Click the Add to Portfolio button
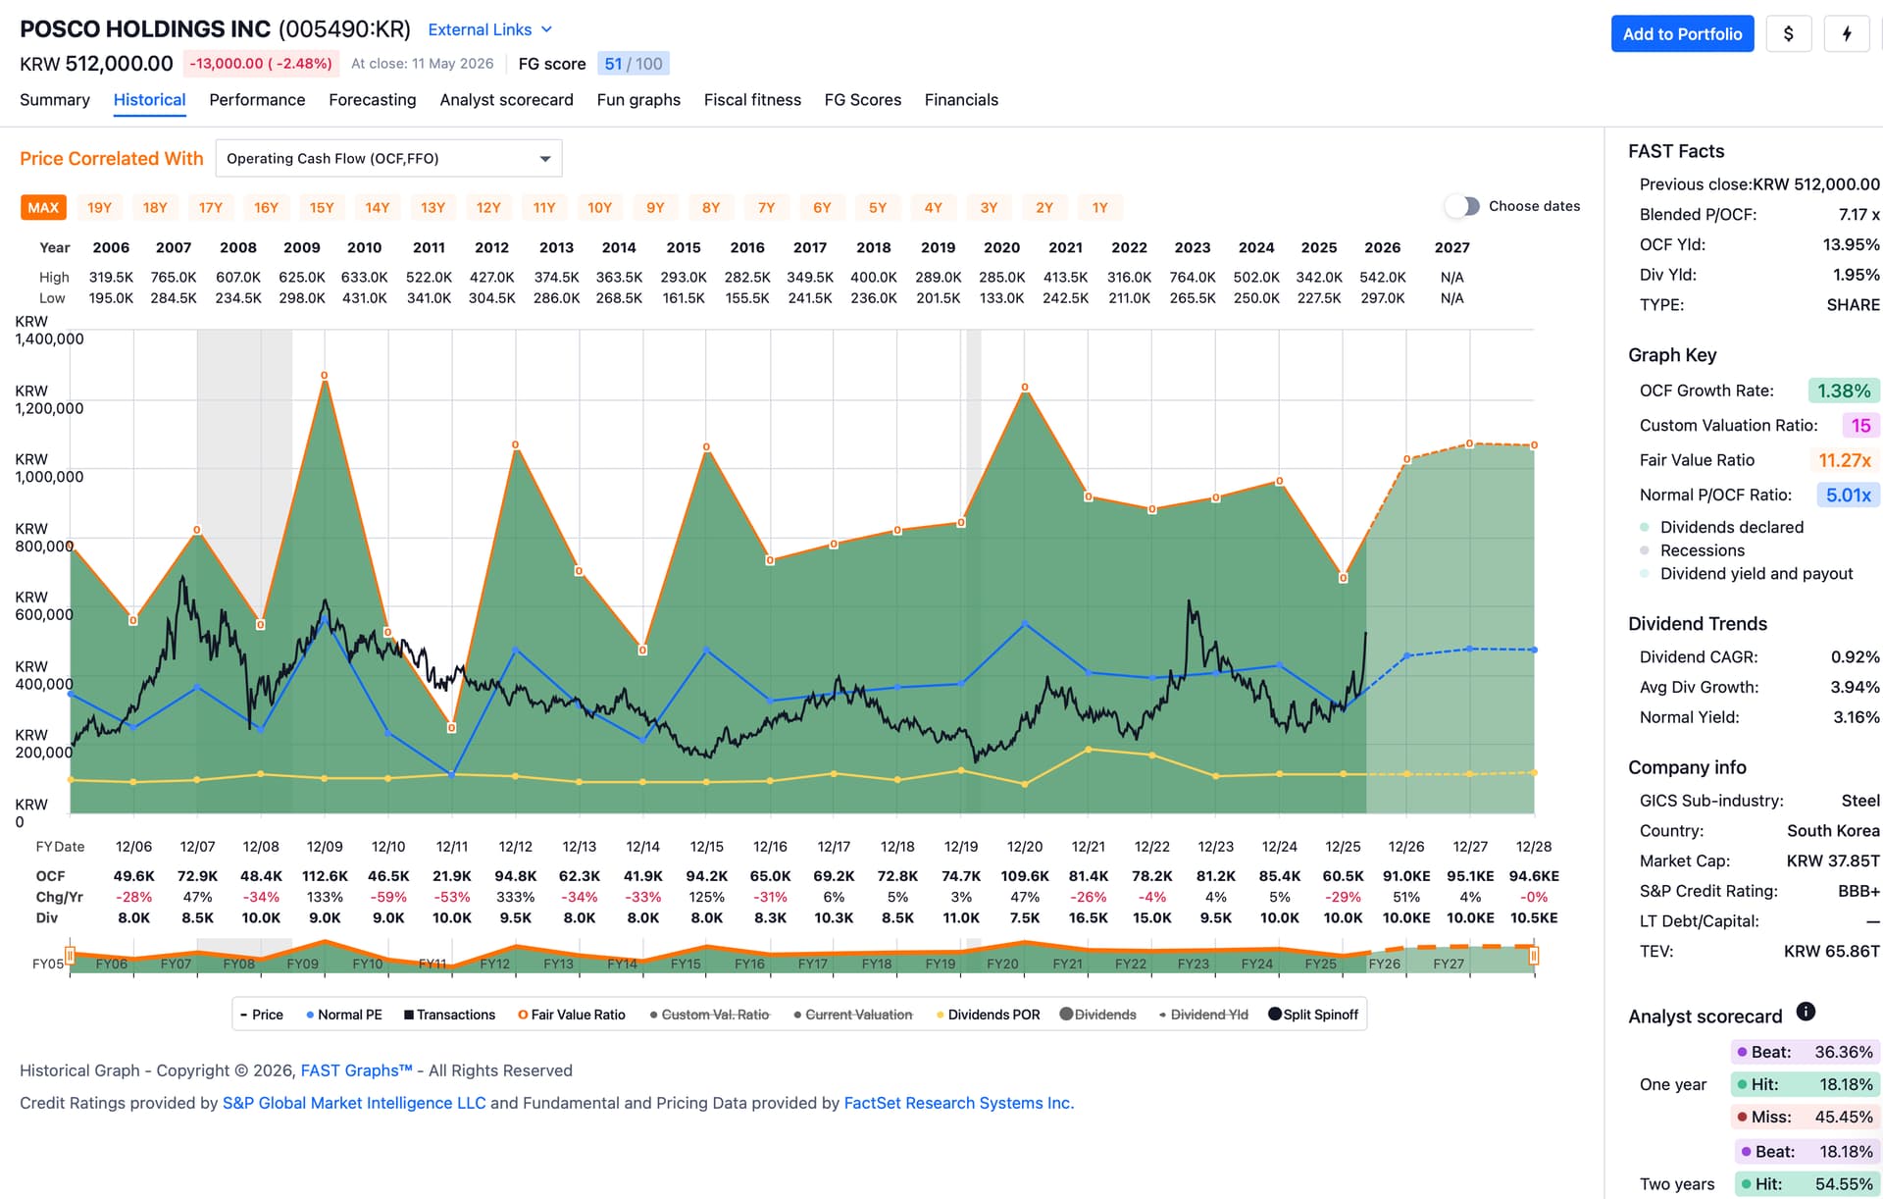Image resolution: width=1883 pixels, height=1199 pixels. [x=1682, y=34]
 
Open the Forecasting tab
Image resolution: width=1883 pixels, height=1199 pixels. [x=373, y=100]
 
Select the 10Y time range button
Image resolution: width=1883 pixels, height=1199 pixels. [x=599, y=208]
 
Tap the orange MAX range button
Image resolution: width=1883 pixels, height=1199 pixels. [x=43, y=208]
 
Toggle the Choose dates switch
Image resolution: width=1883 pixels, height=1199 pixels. [x=1462, y=206]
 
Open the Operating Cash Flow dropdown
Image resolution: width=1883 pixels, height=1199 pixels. [x=388, y=159]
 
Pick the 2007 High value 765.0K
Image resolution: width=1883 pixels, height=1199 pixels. [x=174, y=278]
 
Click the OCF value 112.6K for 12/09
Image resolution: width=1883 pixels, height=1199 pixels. [x=325, y=876]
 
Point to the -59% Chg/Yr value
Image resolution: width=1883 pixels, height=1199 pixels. [x=388, y=897]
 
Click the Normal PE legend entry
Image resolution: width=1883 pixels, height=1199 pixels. [x=344, y=1015]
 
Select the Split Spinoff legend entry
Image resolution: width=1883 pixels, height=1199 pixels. [x=1313, y=1015]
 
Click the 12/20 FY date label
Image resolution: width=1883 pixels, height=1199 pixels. [x=1025, y=847]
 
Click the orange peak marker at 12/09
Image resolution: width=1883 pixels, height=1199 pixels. [x=325, y=376]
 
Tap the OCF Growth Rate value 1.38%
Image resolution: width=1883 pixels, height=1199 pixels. [x=1844, y=391]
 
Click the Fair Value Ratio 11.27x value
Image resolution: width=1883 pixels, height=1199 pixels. [x=1845, y=461]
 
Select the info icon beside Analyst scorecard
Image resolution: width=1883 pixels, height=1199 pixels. [x=1806, y=1012]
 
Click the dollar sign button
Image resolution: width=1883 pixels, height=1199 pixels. [x=1789, y=34]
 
